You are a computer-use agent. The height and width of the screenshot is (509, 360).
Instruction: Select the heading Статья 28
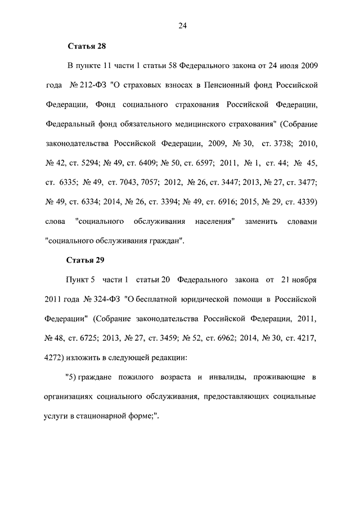tap(87, 46)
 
